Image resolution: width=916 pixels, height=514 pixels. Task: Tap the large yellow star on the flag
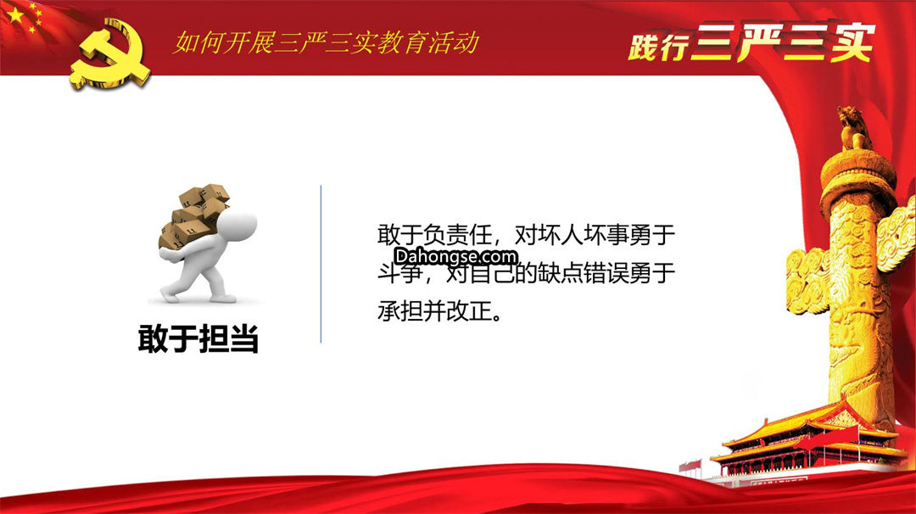[16, 14]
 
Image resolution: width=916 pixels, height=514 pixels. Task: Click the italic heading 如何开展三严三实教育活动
[326, 42]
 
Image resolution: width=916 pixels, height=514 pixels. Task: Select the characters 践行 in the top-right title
[658, 46]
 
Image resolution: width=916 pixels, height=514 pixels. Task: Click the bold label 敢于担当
[198, 338]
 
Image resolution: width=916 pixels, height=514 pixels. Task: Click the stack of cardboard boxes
[193, 217]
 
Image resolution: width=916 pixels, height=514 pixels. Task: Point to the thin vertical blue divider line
[321, 264]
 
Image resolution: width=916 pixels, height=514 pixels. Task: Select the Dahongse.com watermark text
[455, 256]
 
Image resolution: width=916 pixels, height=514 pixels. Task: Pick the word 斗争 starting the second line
[399, 273]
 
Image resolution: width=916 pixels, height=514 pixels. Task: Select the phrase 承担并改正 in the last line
[434, 310]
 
